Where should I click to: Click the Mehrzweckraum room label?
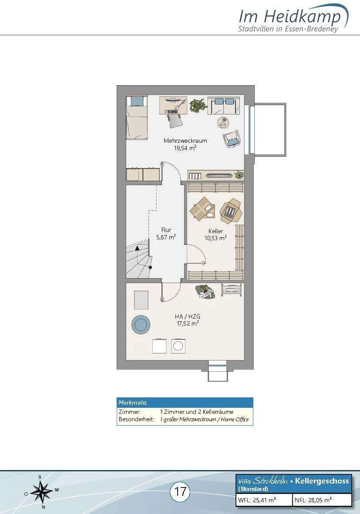[x=185, y=141]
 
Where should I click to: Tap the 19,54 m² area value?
[x=185, y=148]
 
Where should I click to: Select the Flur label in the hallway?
[x=166, y=230]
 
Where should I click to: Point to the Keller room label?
[x=215, y=231]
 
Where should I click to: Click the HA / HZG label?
[x=188, y=317]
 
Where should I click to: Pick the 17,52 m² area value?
[x=188, y=323]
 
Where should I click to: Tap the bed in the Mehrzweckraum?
[x=137, y=117]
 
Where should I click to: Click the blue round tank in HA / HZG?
[x=141, y=325]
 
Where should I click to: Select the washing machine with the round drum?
[x=178, y=346]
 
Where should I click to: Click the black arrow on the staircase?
[x=137, y=248]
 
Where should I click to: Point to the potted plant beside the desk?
[x=198, y=105]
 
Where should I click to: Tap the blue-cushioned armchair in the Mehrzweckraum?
[x=232, y=139]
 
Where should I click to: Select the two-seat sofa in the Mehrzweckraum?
[x=221, y=105]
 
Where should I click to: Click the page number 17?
[x=180, y=491]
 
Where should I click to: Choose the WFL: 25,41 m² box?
[x=264, y=500]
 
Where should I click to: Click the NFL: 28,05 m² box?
[x=322, y=500]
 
